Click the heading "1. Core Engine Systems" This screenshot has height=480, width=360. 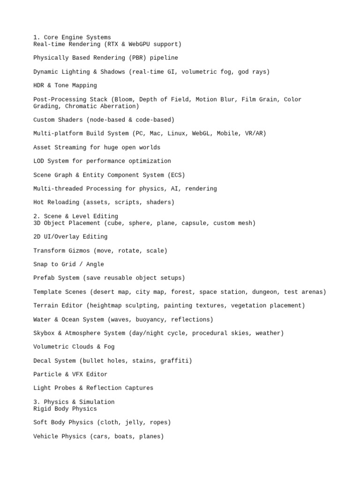click(x=72, y=37)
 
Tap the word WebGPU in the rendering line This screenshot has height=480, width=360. click(x=141, y=45)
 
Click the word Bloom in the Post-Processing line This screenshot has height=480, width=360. click(x=125, y=99)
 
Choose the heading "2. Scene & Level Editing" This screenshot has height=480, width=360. click(x=75, y=216)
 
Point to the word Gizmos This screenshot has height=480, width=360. click(x=79, y=251)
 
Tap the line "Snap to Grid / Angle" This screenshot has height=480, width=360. click(x=68, y=264)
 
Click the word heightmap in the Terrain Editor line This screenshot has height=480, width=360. click(x=106, y=306)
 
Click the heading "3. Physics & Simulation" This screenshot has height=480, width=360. click(x=74, y=402)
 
